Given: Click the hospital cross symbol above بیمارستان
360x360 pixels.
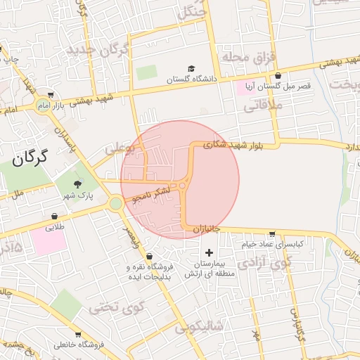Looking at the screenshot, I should [x=208, y=252].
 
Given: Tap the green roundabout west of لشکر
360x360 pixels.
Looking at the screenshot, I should [x=115, y=204].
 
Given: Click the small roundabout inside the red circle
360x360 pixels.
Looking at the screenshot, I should [x=183, y=186].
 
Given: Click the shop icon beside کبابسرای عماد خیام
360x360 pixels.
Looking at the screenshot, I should [x=272, y=234].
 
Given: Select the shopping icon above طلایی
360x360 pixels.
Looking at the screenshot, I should [x=55, y=216].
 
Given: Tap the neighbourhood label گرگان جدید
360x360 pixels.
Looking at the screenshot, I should [x=99, y=51].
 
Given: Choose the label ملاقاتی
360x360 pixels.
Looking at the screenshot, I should [x=263, y=107].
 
